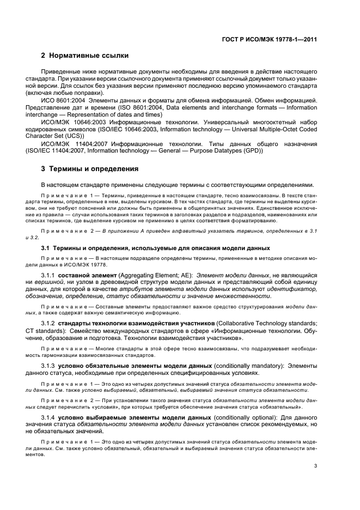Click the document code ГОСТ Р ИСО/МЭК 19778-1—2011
pyautogui.click(x=278, y=39)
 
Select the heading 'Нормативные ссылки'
pyautogui.click(x=88, y=56)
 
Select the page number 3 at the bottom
pyautogui.click(x=315, y=466)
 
